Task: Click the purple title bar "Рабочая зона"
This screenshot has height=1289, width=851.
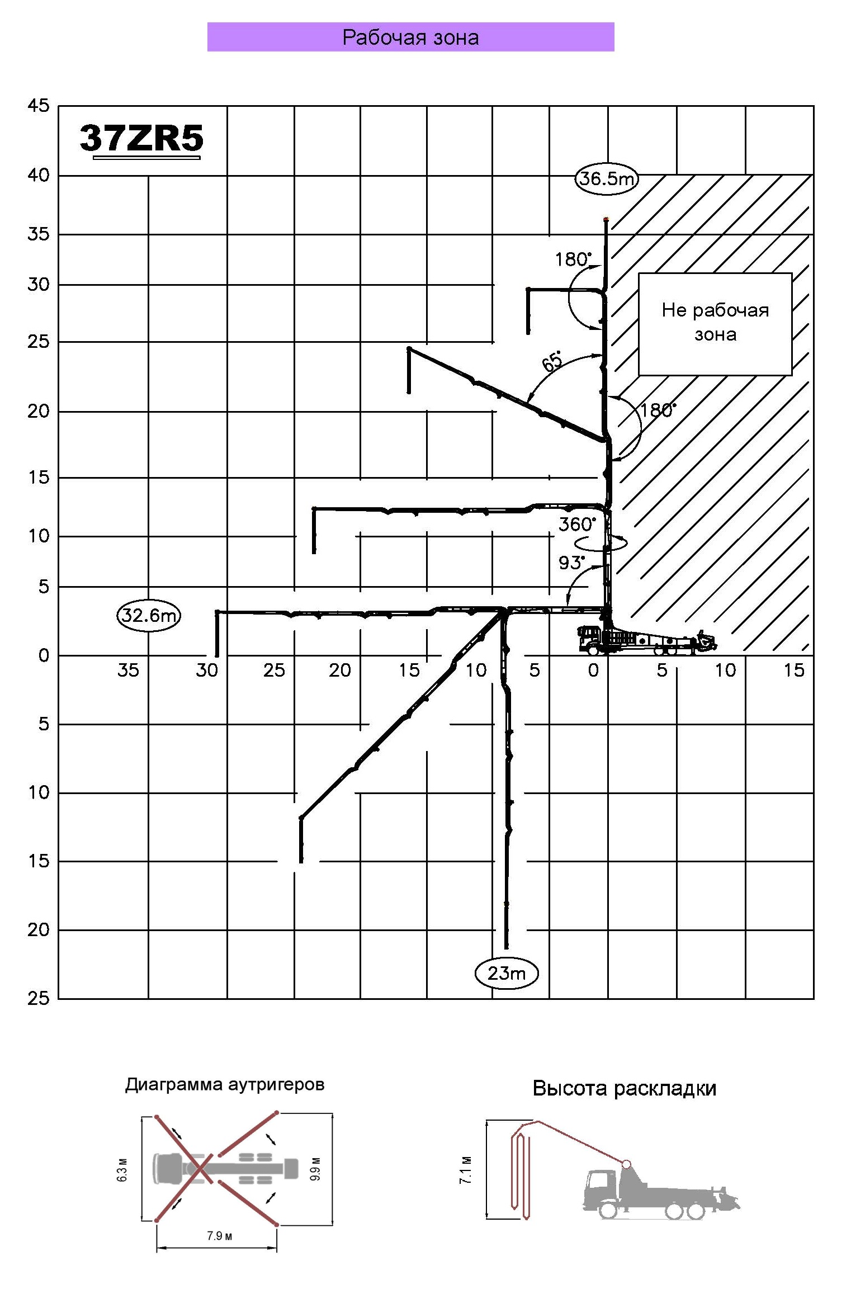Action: coord(410,37)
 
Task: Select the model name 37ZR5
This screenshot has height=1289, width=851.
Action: coord(141,138)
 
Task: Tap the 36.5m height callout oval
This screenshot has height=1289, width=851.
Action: coord(606,179)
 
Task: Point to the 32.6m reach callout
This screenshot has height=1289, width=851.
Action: coord(149,616)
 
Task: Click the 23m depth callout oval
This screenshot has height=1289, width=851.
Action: coord(506,973)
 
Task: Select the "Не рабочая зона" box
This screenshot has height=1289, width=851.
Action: coord(715,323)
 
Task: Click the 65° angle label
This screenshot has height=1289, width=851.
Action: coord(552,361)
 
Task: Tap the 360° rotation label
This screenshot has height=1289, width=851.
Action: coord(576,525)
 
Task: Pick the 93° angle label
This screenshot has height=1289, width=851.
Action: coord(571,563)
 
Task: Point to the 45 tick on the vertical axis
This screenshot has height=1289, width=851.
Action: coord(39,106)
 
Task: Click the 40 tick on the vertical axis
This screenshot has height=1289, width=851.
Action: coord(39,176)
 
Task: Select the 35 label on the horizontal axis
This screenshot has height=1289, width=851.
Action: coord(128,670)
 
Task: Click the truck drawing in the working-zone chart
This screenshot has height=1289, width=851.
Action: coord(643,640)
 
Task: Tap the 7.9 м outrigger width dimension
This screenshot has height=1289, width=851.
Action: coord(219,1235)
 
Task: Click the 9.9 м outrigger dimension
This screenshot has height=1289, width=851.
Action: coord(315,1170)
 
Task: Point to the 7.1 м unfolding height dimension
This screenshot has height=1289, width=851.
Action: coord(466,1169)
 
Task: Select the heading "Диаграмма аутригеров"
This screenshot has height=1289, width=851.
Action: coord(224,1084)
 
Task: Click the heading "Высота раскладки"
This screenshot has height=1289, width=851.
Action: coord(624,1088)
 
